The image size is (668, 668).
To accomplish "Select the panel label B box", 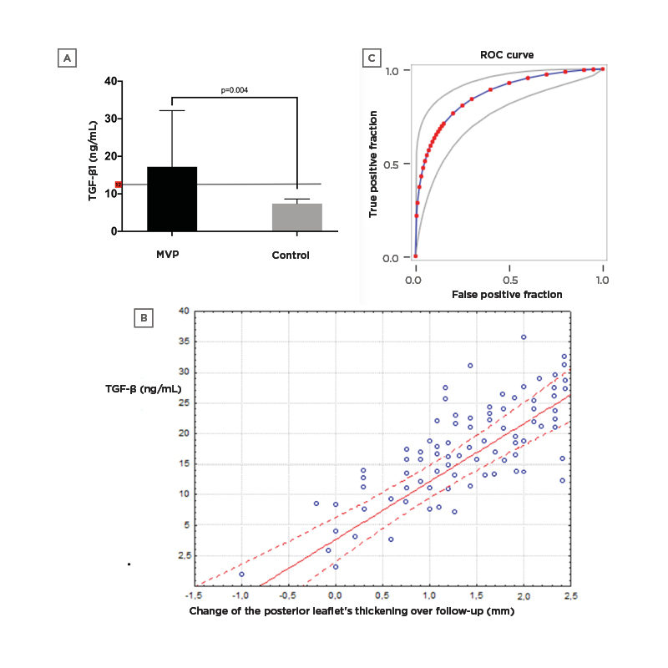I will (144, 317).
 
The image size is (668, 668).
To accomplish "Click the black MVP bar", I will (172, 199).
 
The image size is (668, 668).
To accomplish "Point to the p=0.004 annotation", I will (235, 89).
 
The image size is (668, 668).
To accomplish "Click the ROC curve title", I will (508, 55).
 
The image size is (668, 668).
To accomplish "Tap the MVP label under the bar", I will (172, 255).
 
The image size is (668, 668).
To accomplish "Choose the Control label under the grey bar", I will (290, 255).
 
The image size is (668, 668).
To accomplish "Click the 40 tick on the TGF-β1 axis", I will (109, 81).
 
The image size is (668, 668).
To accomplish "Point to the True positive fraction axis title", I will (374, 164).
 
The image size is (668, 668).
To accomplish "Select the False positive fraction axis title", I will (507, 295).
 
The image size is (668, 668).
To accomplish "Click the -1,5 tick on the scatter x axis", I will (195, 595).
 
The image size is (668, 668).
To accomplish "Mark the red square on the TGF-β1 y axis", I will (119, 184).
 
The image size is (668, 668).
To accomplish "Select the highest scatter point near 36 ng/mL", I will (524, 337).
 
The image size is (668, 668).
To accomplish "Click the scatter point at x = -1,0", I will (241, 574).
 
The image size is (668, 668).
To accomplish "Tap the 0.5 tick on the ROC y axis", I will (394, 164).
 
